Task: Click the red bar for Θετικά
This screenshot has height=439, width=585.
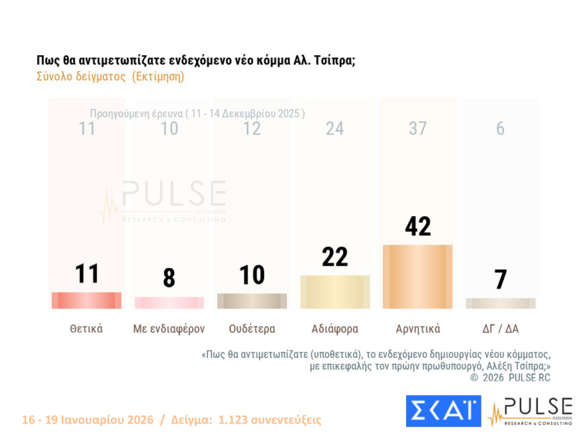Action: tap(86, 301)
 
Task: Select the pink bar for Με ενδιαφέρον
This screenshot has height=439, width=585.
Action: tap(169, 303)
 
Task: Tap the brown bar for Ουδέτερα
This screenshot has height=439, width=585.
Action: tap(252, 301)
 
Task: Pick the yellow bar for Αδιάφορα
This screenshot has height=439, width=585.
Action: tap(335, 292)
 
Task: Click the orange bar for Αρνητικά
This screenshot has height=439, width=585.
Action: tap(417, 277)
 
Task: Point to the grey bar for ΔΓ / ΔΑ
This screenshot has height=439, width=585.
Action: tap(500, 303)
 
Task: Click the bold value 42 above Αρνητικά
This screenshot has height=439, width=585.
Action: tap(417, 226)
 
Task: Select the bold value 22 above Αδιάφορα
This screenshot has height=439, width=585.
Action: tap(335, 256)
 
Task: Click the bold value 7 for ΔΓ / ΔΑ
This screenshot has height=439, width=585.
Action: tap(500, 279)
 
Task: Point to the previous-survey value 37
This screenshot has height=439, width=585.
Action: tap(417, 129)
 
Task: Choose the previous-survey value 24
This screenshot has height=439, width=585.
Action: tap(335, 129)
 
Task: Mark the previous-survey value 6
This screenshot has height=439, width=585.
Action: tap(500, 129)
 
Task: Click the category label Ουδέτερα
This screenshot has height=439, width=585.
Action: tap(252, 329)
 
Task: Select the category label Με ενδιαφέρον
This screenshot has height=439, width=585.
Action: tap(169, 329)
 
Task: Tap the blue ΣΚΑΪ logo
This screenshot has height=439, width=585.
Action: tap(443, 411)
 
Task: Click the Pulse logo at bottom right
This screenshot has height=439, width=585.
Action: tap(530, 411)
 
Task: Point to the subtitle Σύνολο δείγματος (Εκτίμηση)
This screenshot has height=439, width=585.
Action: tap(110, 76)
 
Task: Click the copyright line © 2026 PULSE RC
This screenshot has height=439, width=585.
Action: tap(510, 378)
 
